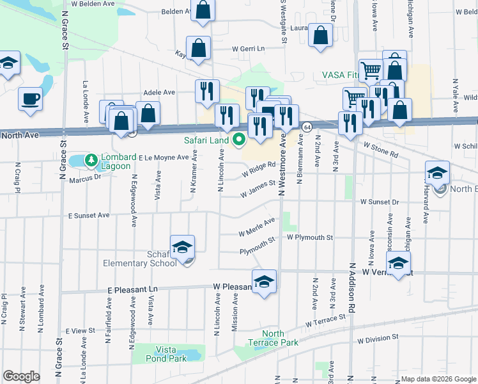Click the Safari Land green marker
click(x=240, y=139)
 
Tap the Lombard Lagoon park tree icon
click(x=91, y=159)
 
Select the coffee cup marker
click(x=30, y=99)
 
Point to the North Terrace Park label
click(x=282, y=338)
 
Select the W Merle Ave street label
click(x=256, y=226)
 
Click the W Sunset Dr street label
click(x=379, y=201)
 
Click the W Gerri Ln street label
click(x=248, y=49)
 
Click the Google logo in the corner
click(x=21, y=376)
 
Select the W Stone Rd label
click(x=381, y=150)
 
